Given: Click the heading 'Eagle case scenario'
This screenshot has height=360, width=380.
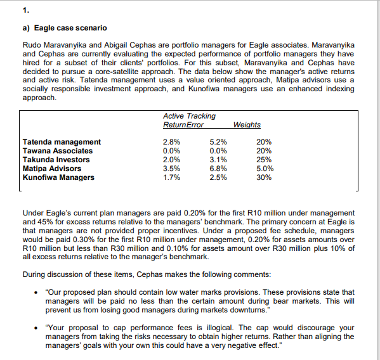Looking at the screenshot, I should [x=70, y=28].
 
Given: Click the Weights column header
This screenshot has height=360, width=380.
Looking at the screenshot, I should [x=247, y=125].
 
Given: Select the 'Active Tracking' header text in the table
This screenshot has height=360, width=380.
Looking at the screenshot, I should [x=189, y=116].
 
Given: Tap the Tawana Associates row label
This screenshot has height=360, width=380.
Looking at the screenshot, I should [x=58, y=151].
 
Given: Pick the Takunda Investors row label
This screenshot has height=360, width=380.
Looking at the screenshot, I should [x=56, y=160].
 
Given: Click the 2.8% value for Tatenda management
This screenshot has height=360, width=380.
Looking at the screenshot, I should [x=172, y=142].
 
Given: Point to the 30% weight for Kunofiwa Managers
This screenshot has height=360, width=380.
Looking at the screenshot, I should [x=265, y=177].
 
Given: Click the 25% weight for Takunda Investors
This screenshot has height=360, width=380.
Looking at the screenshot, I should [x=265, y=160].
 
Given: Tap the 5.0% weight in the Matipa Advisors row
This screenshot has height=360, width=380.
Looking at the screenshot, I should [x=265, y=169].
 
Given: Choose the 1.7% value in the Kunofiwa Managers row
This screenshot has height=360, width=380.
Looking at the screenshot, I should [x=172, y=177].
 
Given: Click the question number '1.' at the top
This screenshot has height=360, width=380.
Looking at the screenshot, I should [x=25, y=10].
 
